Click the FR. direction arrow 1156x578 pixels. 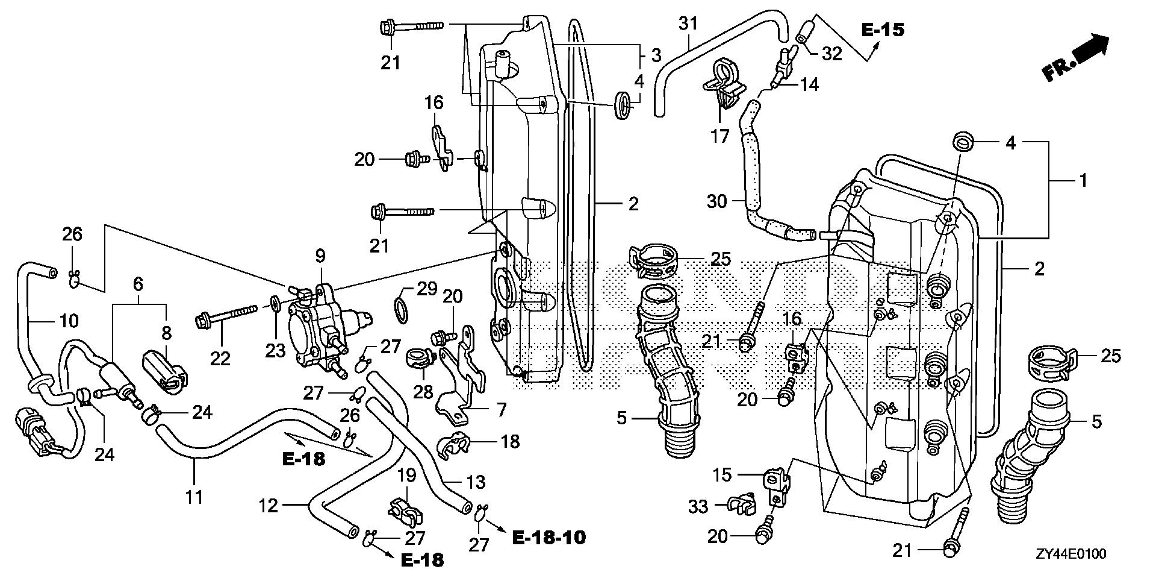pos(1075,57)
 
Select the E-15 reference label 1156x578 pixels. pos(883,30)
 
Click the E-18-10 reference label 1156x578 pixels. pos(548,537)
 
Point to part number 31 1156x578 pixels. pos(688,24)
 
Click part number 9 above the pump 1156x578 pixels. pos(320,256)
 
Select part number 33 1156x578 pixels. pos(698,506)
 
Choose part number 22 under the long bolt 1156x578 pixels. pos(220,359)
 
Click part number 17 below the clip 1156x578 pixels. pos(720,137)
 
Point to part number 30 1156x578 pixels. pos(717,201)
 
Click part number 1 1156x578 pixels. pos(1083,180)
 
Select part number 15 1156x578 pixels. pos(723,475)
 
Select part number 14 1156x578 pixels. pos(810,84)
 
